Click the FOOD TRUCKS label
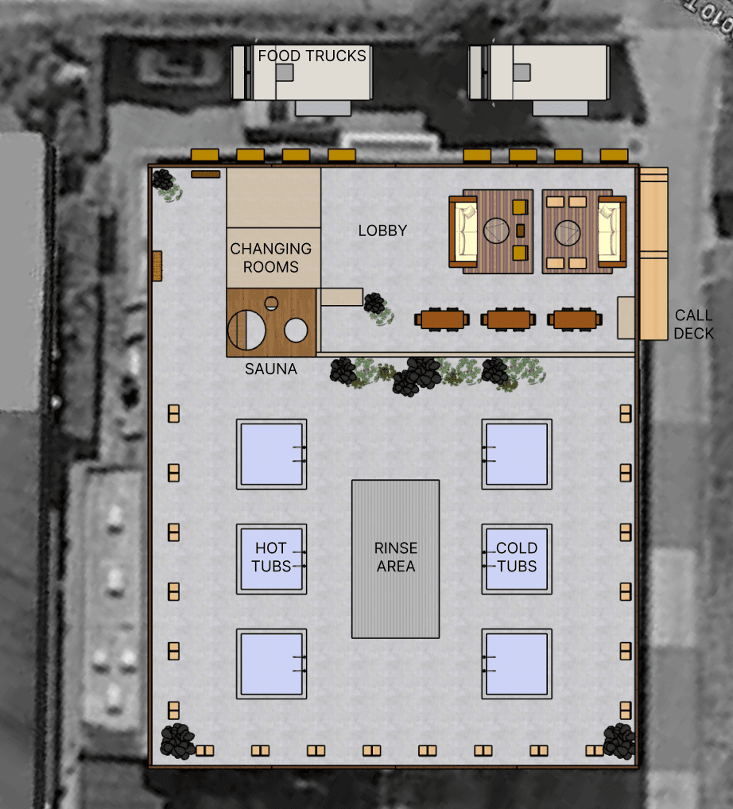(312, 56)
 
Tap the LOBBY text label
(382, 230)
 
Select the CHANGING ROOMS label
(271, 258)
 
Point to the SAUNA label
(271, 369)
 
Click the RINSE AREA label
(396, 557)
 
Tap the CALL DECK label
(694, 324)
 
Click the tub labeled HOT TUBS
(272, 559)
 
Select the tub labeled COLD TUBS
(517, 559)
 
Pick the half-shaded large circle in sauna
(246, 330)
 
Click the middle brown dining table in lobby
(509, 319)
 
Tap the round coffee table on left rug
(496, 230)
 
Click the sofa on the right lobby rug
(611, 232)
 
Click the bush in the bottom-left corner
(177, 741)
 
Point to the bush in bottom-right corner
(619, 741)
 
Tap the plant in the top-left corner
(167, 184)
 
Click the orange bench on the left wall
(157, 266)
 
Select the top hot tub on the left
(272, 454)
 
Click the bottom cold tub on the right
(517, 664)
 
